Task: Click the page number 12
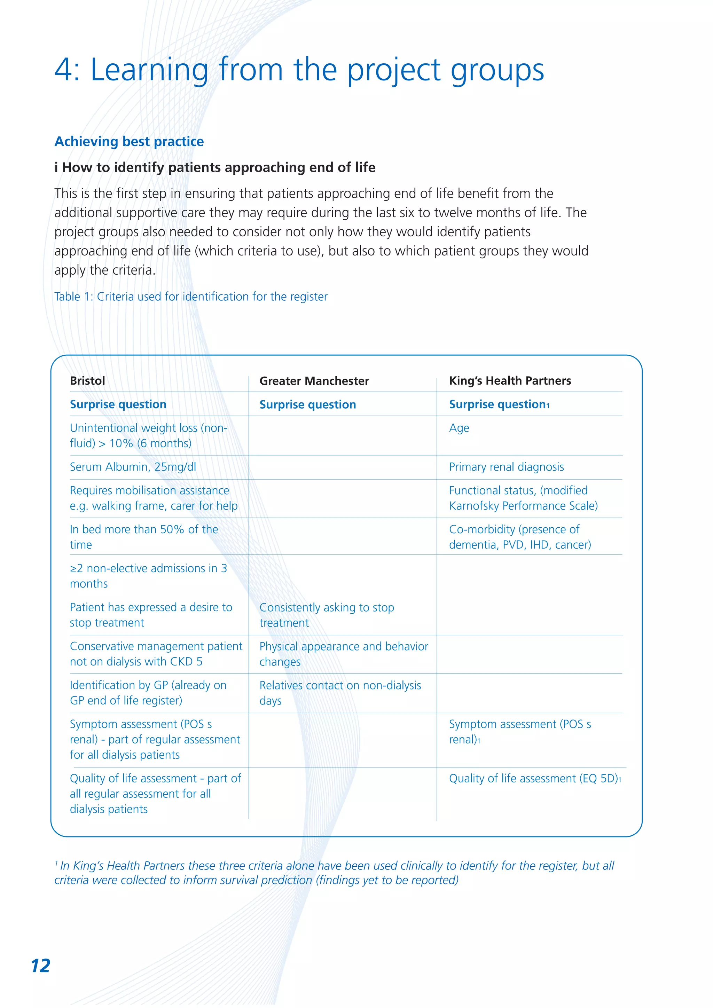pyautogui.click(x=40, y=966)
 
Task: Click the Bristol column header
pyautogui.click(x=87, y=381)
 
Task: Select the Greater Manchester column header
pyautogui.click(x=314, y=381)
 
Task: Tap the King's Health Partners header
pyautogui.click(x=510, y=381)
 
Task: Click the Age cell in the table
pyautogui.click(x=459, y=428)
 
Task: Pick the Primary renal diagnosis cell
pyautogui.click(x=506, y=467)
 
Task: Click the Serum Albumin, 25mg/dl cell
pyautogui.click(x=133, y=467)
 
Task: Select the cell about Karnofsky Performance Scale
pyautogui.click(x=523, y=498)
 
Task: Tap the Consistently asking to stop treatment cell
pyautogui.click(x=326, y=615)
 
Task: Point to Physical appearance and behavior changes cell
pyautogui.click(x=343, y=654)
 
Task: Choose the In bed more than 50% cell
pyautogui.click(x=143, y=536)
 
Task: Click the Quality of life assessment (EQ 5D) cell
pyautogui.click(x=534, y=778)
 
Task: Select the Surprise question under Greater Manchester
pyautogui.click(x=307, y=404)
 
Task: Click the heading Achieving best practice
pyautogui.click(x=129, y=141)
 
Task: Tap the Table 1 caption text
pyautogui.click(x=190, y=297)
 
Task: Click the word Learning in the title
pyautogui.click(x=149, y=70)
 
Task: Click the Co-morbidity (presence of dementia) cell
pyautogui.click(x=519, y=536)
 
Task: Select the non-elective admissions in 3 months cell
pyautogui.click(x=148, y=576)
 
